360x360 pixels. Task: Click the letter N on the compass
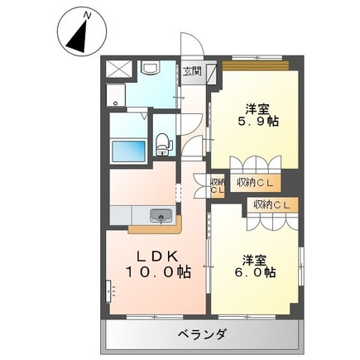point(88,16)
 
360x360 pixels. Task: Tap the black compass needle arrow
point(78,37)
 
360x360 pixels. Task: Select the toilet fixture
point(164,144)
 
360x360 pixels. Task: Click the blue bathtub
point(128,151)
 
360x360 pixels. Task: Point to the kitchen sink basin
point(161,215)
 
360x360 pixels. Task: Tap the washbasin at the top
point(150,67)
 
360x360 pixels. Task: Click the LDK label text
point(157,257)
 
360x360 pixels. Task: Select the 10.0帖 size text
point(158,272)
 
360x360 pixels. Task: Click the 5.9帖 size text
point(257,121)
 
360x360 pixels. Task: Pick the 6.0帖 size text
point(255,272)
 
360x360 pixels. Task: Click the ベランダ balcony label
point(203,335)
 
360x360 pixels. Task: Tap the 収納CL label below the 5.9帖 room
point(255,183)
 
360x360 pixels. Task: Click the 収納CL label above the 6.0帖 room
point(272,204)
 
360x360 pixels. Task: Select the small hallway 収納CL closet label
point(218,186)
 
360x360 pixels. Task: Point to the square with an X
point(119,69)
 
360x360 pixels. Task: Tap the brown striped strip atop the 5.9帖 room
point(256,66)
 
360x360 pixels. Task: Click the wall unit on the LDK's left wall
point(108,291)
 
